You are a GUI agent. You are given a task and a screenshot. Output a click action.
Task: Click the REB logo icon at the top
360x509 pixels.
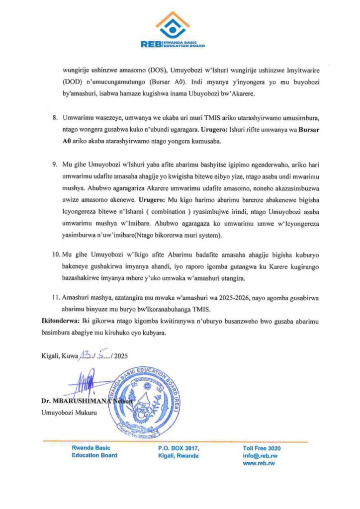173,25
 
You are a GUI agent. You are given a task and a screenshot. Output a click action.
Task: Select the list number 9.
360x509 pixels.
56,164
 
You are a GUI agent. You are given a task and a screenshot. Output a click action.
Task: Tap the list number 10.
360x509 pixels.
54,254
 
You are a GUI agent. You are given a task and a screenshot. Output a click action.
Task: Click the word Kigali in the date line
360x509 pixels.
50,355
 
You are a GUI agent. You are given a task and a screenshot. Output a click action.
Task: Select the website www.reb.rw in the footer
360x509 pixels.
259,463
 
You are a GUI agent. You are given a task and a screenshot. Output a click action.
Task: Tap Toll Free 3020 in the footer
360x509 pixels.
262,448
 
